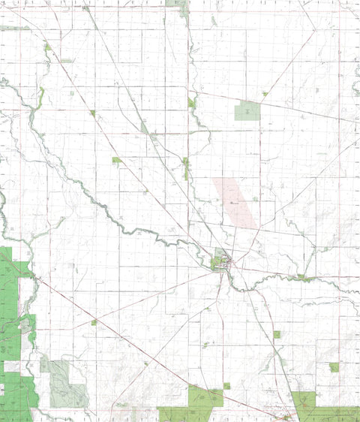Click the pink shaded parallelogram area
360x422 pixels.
pos(234,200)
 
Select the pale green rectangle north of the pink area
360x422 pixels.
pos(247,112)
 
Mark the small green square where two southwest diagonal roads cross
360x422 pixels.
pos(94,322)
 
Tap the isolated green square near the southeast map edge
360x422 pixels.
pos(334,367)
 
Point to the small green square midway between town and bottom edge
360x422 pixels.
pos(277,334)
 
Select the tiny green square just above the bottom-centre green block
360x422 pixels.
pos(226,386)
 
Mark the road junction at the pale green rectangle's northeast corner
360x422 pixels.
pos(260,103)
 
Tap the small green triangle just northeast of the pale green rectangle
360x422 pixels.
pos(265,94)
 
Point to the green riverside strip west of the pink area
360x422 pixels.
pos(185,168)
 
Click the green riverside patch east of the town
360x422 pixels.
pos(303,278)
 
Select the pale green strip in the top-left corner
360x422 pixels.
pos(15,28)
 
